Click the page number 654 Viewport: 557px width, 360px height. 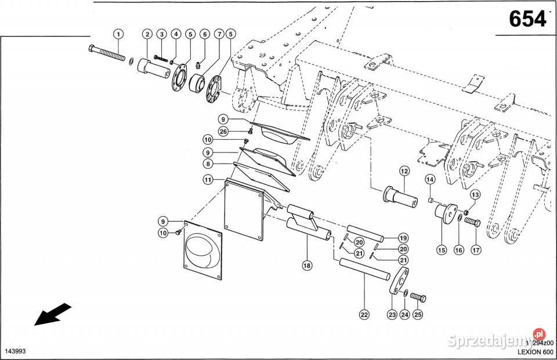(527, 20)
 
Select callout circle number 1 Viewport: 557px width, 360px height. (118, 34)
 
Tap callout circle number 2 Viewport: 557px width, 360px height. (147, 34)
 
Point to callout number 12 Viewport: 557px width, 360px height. (403, 171)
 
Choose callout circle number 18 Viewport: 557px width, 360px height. (306, 266)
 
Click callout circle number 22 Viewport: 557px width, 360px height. (364, 315)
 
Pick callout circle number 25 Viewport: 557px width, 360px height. (418, 315)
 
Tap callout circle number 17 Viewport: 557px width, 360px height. (476, 250)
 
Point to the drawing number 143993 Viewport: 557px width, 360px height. (14, 352)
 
